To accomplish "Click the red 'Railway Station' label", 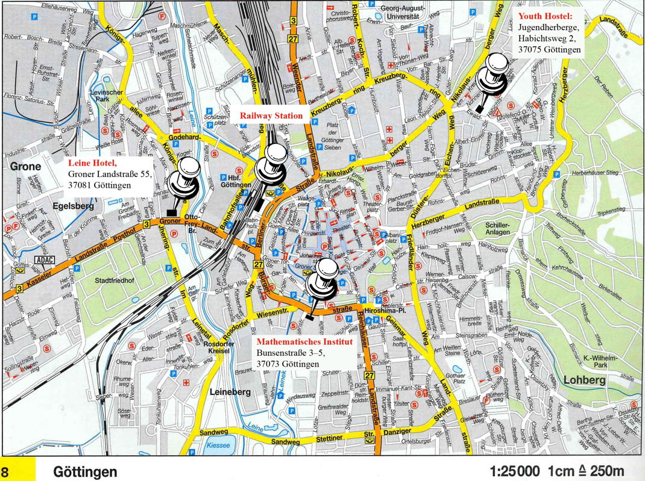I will [x=271, y=116].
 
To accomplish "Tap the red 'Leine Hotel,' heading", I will [x=92, y=163].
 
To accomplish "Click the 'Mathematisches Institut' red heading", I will [x=298, y=341].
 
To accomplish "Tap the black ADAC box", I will [x=45, y=260].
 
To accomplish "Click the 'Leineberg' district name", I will [x=230, y=392].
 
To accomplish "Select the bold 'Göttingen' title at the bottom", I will [x=84, y=471].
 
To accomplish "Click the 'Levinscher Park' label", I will [x=106, y=96].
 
